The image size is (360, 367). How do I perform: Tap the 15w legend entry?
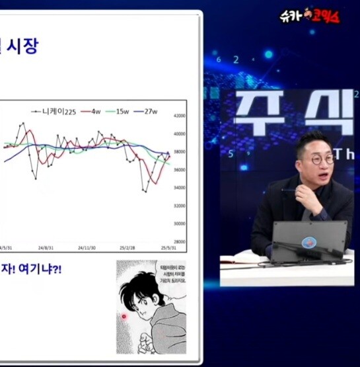pos(122,110)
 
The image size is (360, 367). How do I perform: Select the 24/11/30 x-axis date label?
pos(87,248)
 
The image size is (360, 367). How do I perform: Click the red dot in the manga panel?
pos(123,317)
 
